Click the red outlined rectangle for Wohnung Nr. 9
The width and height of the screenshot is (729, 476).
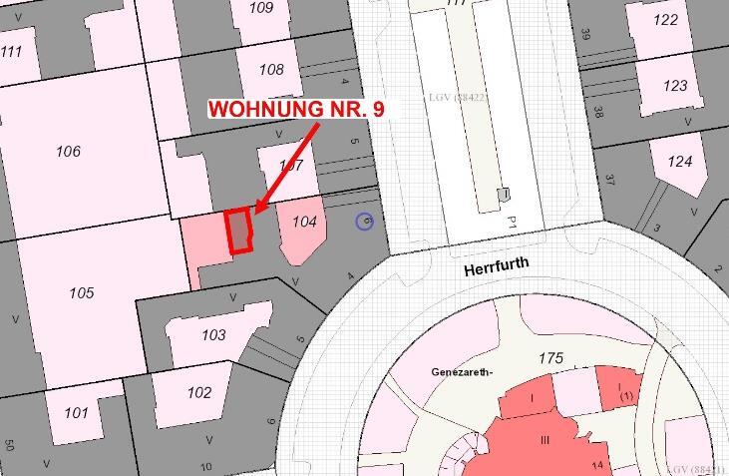(x=238, y=231)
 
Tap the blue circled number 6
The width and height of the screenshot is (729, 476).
(x=365, y=221)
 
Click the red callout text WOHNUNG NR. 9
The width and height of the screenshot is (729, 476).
(x=295, y=109)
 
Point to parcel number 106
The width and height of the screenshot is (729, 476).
(x=68, y=152)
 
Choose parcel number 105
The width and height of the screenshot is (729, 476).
(x=81, y=292)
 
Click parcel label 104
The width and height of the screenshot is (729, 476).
(x=304, y=222)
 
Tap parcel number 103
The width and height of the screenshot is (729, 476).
(x=213, y=335)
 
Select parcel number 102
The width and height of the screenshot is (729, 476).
(x=199, y=392)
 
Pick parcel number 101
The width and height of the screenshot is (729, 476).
(x=76, y=412)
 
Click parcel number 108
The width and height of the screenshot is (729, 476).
(x=271, y=70)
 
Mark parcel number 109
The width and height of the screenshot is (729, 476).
(x=260, y=8)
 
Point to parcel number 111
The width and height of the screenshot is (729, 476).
(x=11, y=52)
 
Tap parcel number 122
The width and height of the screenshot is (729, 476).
(x=665, y=20)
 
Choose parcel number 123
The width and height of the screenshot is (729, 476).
(x=675, y=86)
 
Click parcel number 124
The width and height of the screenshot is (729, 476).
(x=679, y=161)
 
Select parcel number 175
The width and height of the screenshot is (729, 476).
(x=550, y=357)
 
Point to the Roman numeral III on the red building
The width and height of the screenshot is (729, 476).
(x=545, y=440)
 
